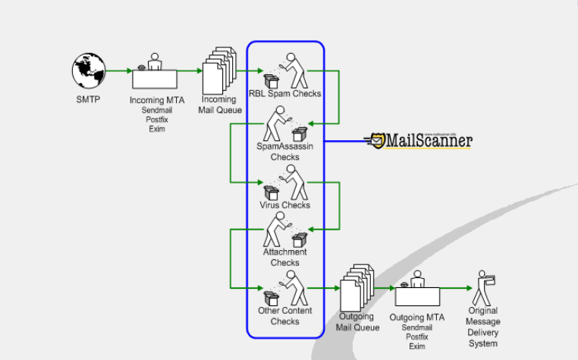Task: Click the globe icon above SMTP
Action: point(90,70)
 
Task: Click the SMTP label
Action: point(88,99)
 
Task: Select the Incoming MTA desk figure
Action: point(155,74)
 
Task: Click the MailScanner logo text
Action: point(429,140)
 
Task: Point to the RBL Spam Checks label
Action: point(285,94)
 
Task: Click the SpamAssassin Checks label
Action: point(285,152)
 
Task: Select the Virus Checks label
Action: point(285,205)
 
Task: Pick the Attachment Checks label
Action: point(285,258)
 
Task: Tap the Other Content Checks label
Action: point(285,316)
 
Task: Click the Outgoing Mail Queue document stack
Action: point(357,291)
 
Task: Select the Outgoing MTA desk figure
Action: point(417,291)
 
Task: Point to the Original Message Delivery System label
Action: point(483,327)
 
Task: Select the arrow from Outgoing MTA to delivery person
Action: point(455,288)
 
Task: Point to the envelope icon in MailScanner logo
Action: point(375,140)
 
